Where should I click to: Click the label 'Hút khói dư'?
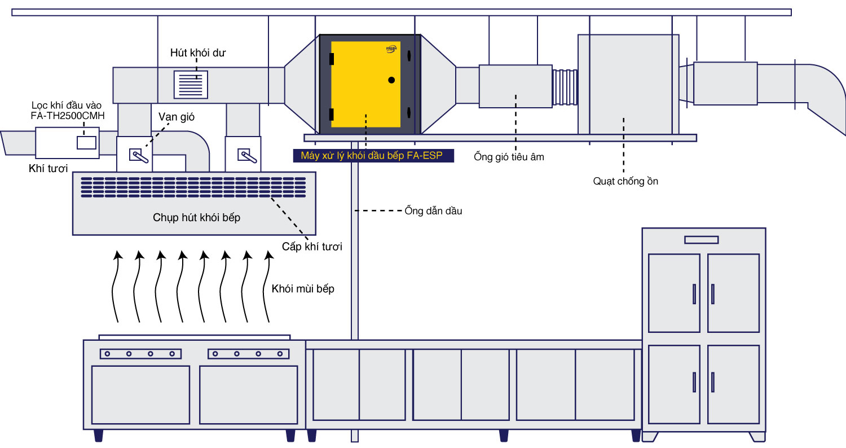(198, 53)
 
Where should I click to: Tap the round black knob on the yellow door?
(391, 80)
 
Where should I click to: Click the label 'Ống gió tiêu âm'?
(509, 157)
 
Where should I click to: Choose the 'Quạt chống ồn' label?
(625, 181)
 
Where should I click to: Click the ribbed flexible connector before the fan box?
(565, 87)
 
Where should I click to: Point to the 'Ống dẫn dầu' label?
(433, 211)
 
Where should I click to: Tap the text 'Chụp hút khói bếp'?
(196, 217)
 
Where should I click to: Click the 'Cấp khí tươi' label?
(312, 247)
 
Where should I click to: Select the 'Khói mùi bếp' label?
(303, 289)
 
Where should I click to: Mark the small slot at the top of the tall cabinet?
(701, 240)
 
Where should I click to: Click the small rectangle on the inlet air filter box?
(86, 142)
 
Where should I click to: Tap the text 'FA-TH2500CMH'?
(68, 116)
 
